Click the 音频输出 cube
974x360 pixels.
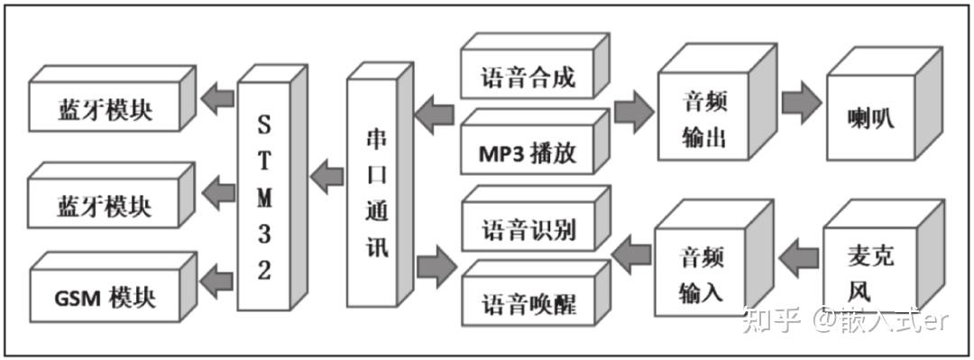(703, 118)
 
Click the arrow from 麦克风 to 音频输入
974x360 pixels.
(796, 260)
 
